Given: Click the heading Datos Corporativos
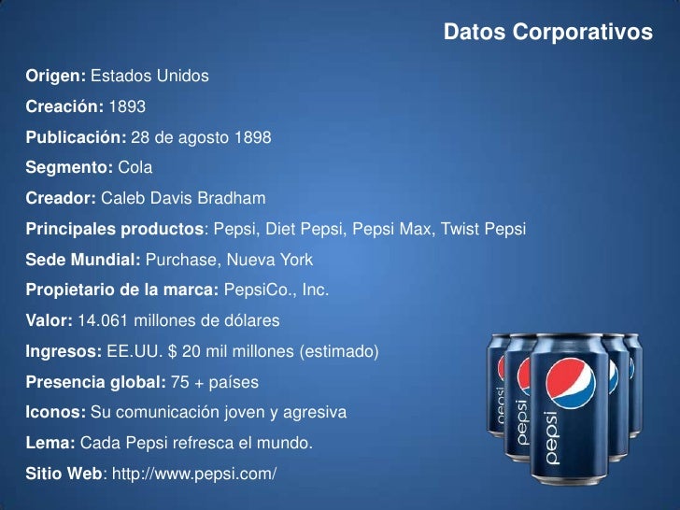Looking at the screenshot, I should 547,33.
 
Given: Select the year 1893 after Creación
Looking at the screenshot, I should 128,106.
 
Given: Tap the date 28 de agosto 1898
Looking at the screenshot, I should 201,137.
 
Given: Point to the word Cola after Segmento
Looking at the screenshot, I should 135,168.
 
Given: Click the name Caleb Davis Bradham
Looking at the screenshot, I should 183,198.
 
